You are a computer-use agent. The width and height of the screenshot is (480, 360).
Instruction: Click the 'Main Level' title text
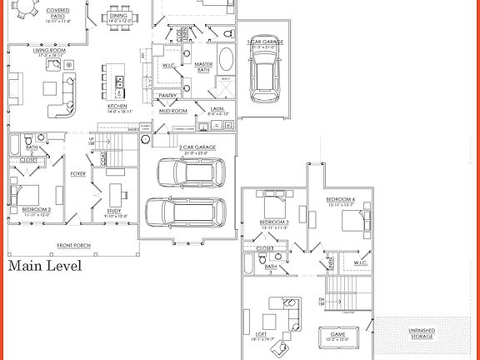click(45, 267)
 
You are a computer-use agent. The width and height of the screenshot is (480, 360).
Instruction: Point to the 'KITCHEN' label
click(117, 107)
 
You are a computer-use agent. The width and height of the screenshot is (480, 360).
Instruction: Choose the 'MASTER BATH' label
click(202, 66)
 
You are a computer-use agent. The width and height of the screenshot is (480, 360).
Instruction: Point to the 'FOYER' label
click(78, 173)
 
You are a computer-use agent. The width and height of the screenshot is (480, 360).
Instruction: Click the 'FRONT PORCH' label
click(74, 246)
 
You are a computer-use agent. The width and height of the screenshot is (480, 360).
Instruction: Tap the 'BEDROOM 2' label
click(37, 209)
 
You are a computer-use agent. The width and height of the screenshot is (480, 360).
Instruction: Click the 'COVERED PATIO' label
click(58, 12)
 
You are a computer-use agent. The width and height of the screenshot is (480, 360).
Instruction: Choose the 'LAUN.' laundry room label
click(216, 109)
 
